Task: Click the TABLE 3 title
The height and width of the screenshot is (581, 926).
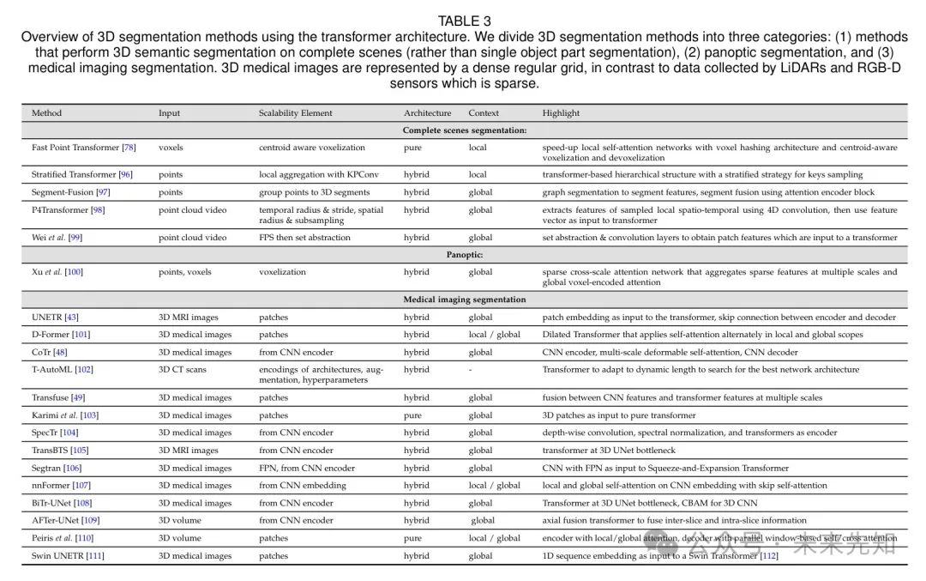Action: point(464,21)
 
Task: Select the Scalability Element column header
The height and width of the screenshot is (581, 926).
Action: point(295,113)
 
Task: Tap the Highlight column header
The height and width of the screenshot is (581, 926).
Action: point(561,113)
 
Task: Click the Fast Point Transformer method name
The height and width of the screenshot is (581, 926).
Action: point(75,148)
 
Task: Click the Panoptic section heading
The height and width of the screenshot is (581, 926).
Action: point(464,255)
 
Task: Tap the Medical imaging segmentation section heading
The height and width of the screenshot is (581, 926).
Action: point(464,300)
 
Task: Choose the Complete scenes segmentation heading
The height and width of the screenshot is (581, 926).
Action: point(464,130)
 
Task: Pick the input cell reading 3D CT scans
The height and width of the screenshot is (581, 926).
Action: point(183,370)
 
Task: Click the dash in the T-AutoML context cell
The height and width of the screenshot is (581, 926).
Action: point(471,370)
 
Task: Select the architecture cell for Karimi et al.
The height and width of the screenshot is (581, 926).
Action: point(412,415)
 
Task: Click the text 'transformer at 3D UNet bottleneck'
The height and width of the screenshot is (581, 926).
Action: point(609,451)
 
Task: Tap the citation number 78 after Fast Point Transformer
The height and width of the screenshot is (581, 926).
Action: point(129,148)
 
